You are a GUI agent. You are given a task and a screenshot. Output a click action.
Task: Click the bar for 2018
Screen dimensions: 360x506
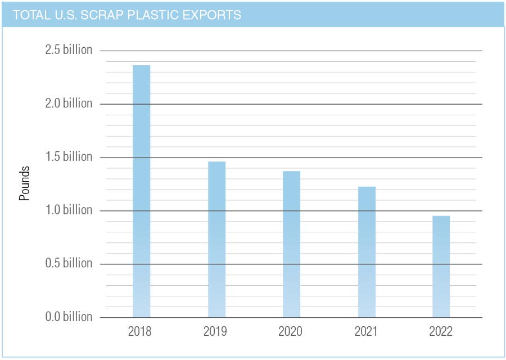(141, 191)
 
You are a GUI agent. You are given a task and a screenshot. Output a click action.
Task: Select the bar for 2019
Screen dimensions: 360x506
(216, 239)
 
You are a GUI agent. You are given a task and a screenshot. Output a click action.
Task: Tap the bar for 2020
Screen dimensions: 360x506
(291, 244)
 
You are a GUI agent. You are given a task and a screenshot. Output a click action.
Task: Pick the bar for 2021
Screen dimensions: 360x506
(367, 252)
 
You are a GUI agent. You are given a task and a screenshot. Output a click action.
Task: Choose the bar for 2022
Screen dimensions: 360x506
(441, 267)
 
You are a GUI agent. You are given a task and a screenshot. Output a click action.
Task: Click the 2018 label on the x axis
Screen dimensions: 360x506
(139, 331)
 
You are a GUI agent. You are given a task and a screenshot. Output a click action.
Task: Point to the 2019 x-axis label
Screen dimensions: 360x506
(215, 331)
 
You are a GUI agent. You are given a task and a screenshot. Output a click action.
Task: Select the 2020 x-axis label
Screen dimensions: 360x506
(290, 331)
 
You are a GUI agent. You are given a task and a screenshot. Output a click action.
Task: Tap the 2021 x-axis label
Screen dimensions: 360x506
(366, 331)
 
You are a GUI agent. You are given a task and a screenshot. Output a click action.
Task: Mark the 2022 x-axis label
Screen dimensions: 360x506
(441, 331)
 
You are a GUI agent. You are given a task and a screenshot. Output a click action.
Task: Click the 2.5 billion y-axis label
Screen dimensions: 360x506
(69, 50)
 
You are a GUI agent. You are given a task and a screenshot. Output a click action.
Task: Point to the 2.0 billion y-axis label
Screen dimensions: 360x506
(69, 103)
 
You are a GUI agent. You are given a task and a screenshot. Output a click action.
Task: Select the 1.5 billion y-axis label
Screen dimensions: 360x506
(69, 157)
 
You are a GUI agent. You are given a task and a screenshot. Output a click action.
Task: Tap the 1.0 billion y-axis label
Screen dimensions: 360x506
(69, 210)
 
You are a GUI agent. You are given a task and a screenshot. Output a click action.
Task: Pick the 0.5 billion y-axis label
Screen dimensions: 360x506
(69, 263)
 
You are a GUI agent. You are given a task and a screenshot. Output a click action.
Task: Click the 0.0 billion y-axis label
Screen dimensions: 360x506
(69, 317)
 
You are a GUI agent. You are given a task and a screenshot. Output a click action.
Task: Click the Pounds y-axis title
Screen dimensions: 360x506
(25, 183)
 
